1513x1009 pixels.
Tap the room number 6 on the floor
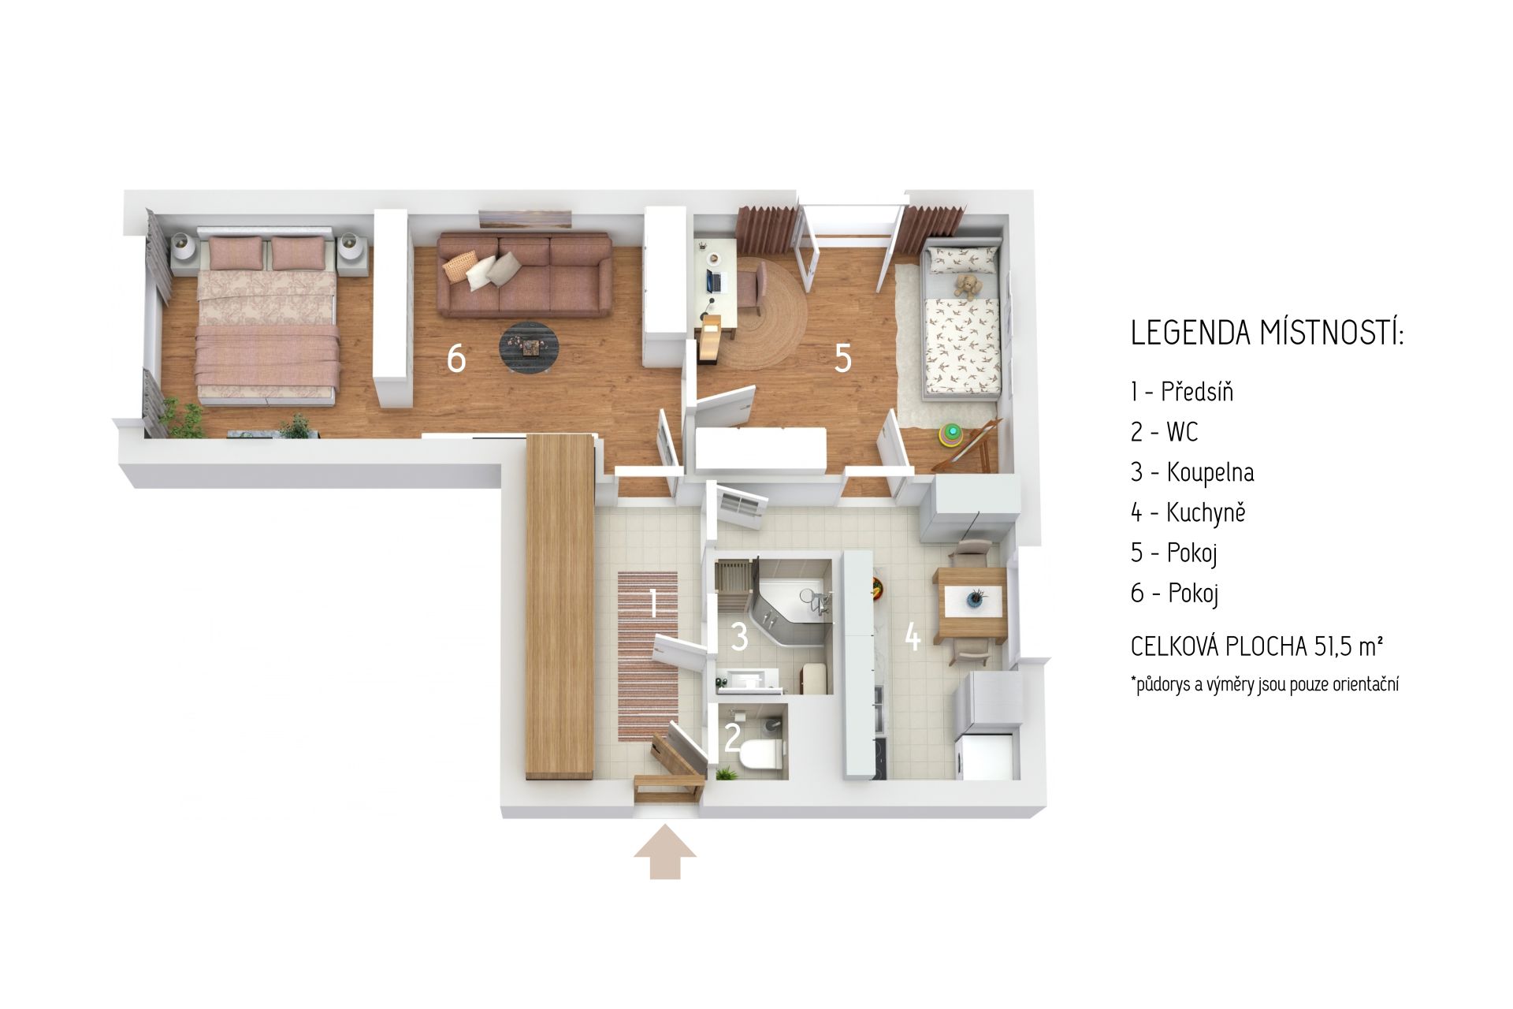[x=456, y=359]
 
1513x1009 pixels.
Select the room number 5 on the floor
[x=843, y=359]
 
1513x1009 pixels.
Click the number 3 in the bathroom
[x=739, y=637]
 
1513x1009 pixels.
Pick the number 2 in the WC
[x=732, y=738]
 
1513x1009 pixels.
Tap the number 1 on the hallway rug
[x=653, y=604]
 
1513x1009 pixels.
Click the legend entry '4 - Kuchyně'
[x=1188, y=512]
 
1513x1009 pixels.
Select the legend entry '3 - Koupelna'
[x=1192, y=473]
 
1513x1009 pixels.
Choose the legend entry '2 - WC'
[x=1164, y=432]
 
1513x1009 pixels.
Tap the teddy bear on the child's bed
[x=967, y=285]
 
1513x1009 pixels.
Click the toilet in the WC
[x=760, y=754]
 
